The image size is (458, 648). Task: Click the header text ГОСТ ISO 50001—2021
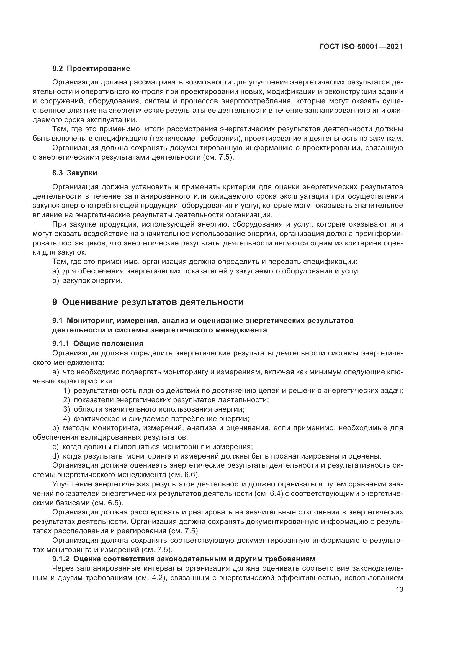[361, 47]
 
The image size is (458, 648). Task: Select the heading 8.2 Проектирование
[91, 69]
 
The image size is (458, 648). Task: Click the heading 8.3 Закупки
[74, 173]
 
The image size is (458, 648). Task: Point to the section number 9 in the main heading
[55, 302]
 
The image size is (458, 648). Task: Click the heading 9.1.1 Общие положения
[97, 344]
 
